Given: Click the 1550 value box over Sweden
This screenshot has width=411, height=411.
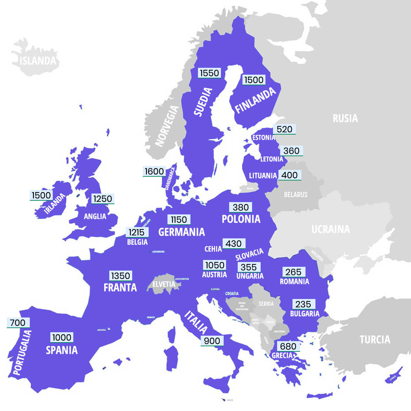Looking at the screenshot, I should (x=209, y=73).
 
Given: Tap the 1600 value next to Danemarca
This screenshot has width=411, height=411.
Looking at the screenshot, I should (x=154, y=171).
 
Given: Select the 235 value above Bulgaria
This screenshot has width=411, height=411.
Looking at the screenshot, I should (x=303, y=304).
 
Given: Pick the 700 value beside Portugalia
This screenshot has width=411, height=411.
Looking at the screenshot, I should (x=18, y=323).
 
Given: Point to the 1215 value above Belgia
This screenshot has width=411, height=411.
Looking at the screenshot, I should (x=137, y=232).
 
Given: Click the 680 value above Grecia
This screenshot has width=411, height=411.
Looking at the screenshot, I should (x=288, y=346).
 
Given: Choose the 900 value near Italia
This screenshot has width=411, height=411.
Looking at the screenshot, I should (x=212, y=341).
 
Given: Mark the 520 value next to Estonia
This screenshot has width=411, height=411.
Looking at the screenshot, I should (x=284, y=129).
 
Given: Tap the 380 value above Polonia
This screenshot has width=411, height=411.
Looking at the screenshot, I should (x=241, y=207).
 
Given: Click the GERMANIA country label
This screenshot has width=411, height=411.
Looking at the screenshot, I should (x=182, y=232).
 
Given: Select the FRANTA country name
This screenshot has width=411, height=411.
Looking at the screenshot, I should (x=120, y=287).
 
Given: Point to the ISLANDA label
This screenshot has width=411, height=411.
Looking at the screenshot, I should (x=38, y=61).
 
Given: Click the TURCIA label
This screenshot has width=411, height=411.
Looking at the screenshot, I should (x=375, y=339).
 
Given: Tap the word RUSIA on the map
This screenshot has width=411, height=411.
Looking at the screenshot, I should (x=345, y=119).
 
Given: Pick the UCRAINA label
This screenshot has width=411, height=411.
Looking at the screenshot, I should (x=331, y=229).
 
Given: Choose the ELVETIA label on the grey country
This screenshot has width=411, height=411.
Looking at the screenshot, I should (x=164, y=284).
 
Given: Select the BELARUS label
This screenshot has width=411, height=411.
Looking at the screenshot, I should (x=296, y=195).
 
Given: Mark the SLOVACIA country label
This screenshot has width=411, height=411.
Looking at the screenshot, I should (x=249, y=254).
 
